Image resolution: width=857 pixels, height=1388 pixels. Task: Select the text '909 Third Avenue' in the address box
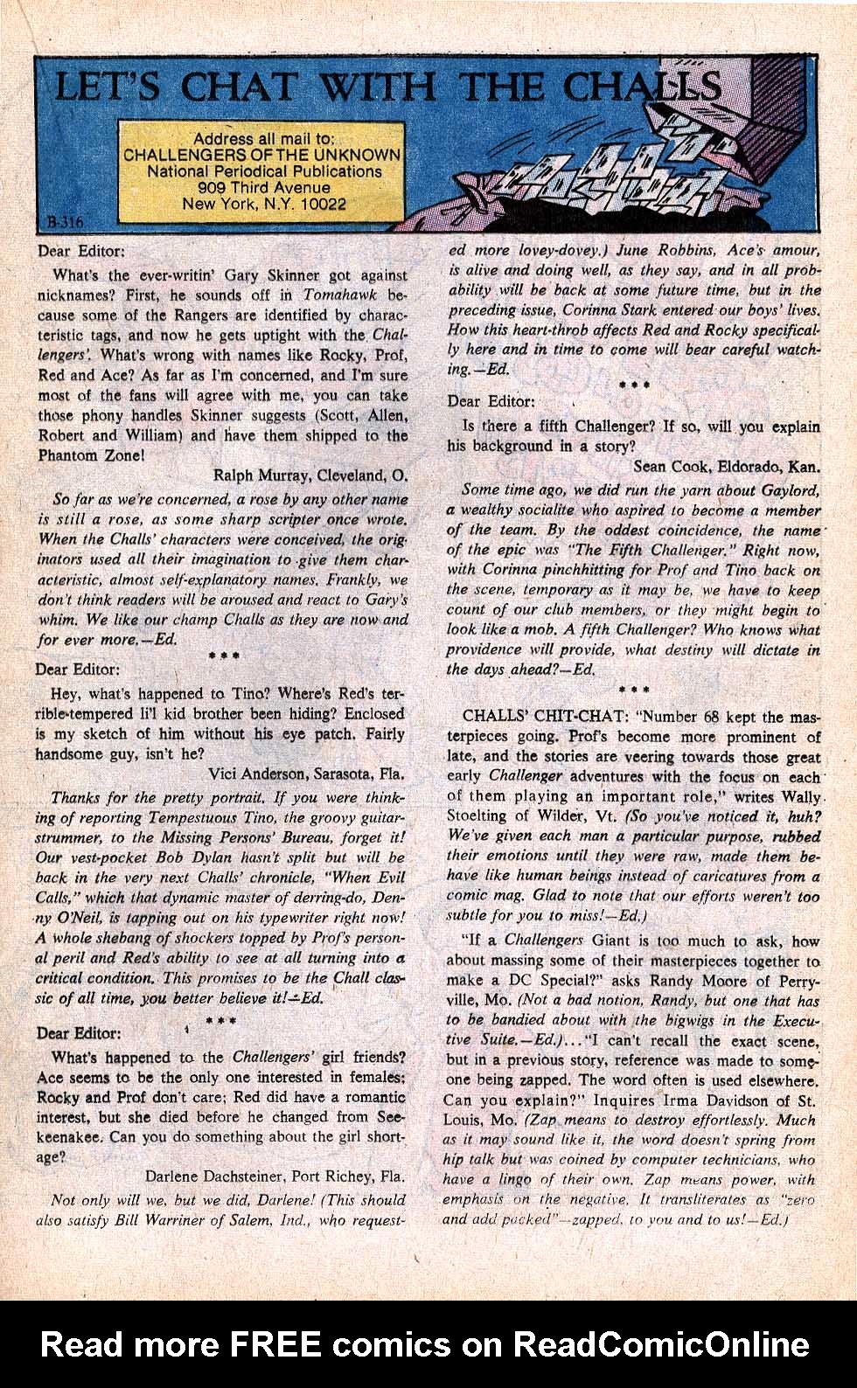point(263,188)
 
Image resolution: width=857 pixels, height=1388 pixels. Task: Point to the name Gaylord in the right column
point(790,490)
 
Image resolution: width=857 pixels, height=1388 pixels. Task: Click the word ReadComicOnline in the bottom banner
point(660,1343)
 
